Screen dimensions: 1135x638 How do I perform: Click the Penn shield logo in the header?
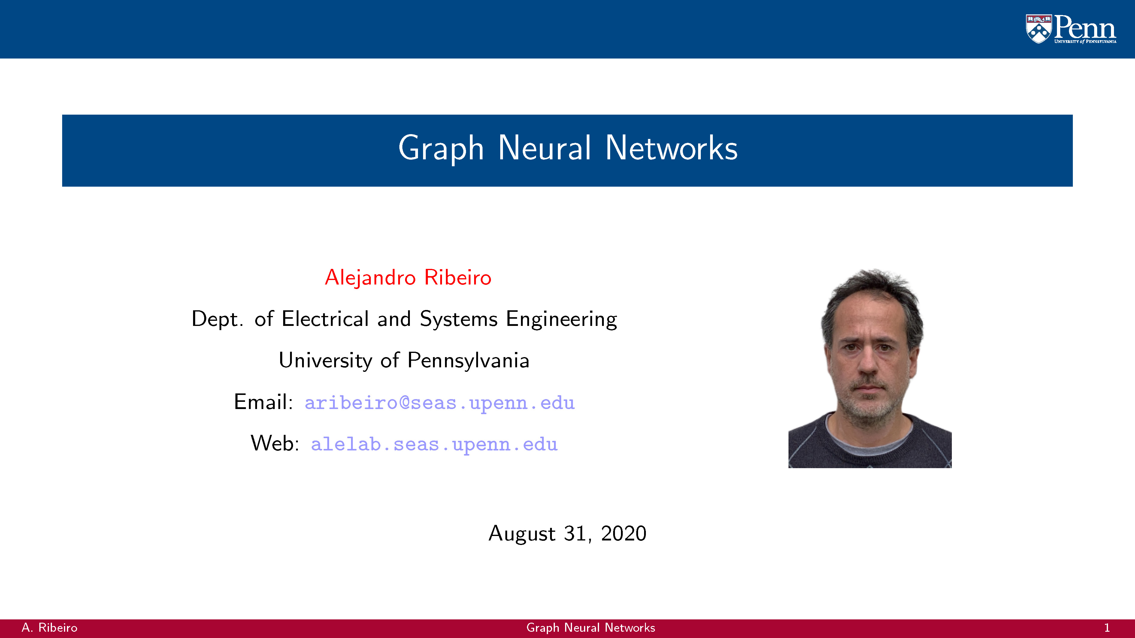click(x=1039, y=29)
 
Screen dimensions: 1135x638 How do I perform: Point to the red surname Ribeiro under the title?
click(x=457, y=277)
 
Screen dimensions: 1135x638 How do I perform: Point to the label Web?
click(x=275, y=443)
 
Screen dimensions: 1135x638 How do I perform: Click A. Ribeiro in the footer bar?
click(x=49, y=628)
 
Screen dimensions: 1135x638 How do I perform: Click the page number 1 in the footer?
click(x=1107, y=628)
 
